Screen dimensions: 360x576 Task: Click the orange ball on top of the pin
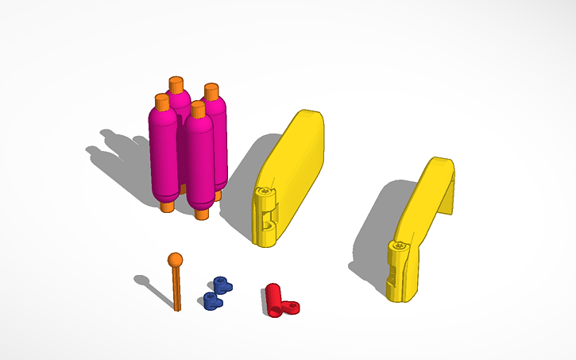click(x=175, y=259)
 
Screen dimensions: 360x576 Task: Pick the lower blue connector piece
click(x=211, y=300)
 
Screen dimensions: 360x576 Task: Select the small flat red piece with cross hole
click(x=292, y=307)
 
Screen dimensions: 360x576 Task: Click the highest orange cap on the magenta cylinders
click(x=176, y=85)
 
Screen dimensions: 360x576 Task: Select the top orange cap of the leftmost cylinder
click(x=161, y=102)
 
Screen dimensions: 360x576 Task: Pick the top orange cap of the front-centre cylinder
click(x=196, y=109)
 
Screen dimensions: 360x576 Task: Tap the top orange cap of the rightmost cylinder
click(x=211, y=91)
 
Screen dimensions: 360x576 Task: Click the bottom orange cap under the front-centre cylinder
click(x=202, y=213)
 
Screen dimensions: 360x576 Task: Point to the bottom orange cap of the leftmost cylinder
click(x=166, y=207)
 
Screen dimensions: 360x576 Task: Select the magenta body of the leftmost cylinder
click(x=163, y=155)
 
